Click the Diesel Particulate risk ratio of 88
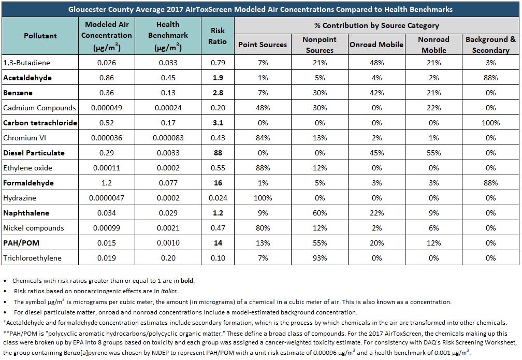(218, 153)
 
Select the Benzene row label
(18, 93)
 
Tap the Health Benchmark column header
(168, 36)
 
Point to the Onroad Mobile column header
(376, 45)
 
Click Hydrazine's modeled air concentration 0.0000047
(107, 198)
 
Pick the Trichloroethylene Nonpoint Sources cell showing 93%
(320, 258)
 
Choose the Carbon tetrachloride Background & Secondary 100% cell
(490, 123)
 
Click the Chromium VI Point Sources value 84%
(263, 138)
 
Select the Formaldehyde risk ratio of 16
(218, 183)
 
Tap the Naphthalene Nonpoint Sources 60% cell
(320, 213)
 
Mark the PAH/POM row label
(21, 243)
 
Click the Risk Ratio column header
(218, 36)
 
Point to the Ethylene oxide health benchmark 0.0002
(168, 168)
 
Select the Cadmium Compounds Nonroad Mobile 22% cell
(433, 108)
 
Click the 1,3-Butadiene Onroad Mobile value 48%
(376, 63)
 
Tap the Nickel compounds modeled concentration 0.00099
(107, 228)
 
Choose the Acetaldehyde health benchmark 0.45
(168, 78)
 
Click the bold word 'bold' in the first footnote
(187, 281)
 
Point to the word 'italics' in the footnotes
(169, 291)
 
